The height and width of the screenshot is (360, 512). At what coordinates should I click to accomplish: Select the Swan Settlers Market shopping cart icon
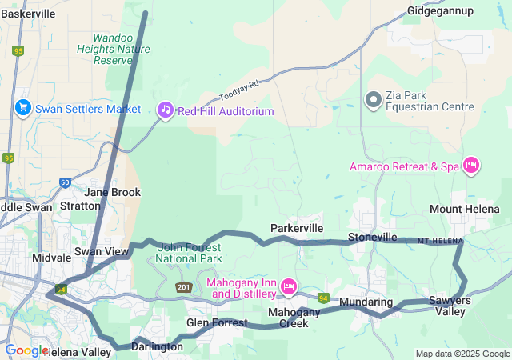[x=22, y=109]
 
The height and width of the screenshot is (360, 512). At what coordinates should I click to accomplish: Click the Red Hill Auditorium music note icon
[x=165, y=110]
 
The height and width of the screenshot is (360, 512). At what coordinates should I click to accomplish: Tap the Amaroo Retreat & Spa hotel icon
[x=471, y=166]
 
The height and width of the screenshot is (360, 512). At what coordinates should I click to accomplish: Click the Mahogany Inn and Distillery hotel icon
[x=289, y=286]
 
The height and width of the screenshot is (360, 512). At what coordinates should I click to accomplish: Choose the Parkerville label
[x=297, y=228]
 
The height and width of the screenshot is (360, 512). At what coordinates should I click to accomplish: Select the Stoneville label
[x=372, y=238]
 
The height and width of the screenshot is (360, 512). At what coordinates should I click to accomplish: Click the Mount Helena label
[x=465, y=209]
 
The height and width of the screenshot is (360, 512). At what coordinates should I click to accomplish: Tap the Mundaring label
[x=366, y=302]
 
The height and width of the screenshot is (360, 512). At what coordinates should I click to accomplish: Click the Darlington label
[x=152, y=346]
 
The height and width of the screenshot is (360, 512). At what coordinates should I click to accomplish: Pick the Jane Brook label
[x=113, y=192]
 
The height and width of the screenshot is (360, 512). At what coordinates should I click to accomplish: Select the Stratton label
[x=80, y=206]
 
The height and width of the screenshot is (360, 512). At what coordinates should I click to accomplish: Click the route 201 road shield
[x=184, y=287]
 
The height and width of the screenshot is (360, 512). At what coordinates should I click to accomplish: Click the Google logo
[x=26, y=350]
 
